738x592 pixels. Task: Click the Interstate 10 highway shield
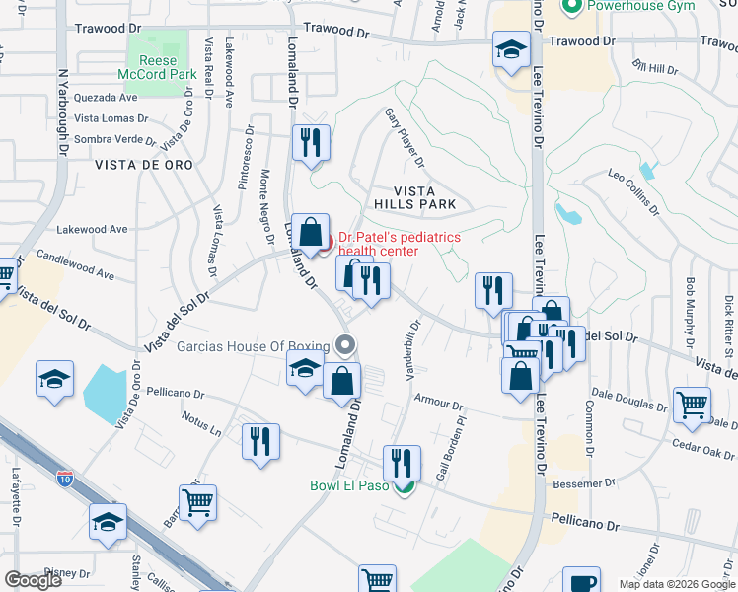coord(65,480)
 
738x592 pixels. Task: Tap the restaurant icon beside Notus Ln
coord(261,440)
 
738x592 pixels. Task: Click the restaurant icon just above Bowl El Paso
coord(402,462)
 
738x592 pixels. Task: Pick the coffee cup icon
coord(581,581)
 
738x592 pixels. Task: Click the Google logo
coord(34,580)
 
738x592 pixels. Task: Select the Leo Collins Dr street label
coord(633,191)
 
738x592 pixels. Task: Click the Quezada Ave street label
coord(106,98)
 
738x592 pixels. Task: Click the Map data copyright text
coord(677,584)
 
